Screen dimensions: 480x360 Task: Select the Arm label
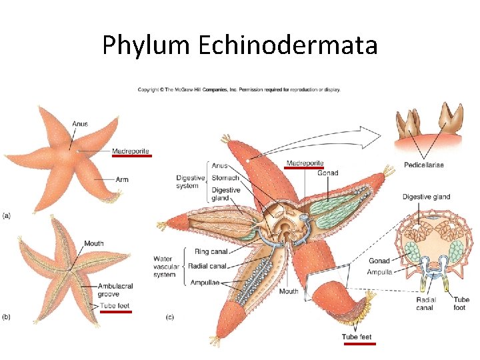121,179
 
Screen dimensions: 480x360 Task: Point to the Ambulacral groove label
115,290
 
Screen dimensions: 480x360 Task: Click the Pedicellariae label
424,165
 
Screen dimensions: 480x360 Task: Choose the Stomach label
225,178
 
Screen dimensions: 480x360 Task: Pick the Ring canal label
211,252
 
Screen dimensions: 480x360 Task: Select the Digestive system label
190,182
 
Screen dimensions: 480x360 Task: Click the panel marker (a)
7,215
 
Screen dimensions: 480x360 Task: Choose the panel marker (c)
169,317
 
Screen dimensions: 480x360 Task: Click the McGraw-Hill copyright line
239,89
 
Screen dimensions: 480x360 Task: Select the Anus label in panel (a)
80,123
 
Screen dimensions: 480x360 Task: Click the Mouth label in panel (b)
93,243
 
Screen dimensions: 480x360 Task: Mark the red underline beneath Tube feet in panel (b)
115,312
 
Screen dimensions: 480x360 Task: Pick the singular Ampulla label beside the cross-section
379,272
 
